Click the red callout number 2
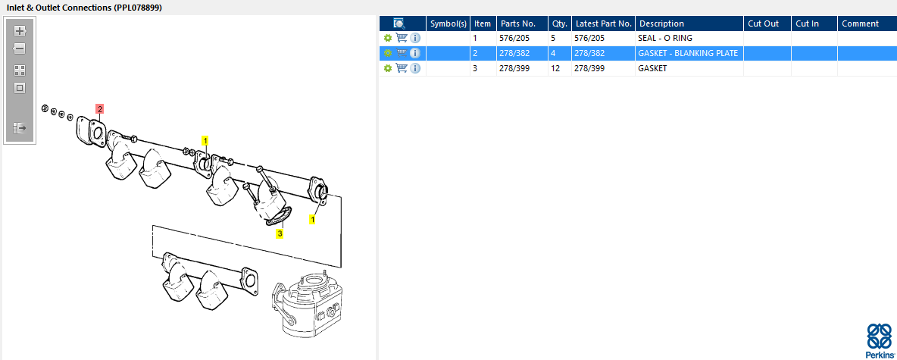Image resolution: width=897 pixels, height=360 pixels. pyautogui.click(x=99, y=108)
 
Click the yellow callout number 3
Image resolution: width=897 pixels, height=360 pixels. pyautogui.click(x=280, y=233)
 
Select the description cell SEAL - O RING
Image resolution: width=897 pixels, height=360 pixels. pyautogui.click(x=664, y=39)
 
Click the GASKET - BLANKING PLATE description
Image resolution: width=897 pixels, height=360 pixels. pyautogui.click(x=688, y=53)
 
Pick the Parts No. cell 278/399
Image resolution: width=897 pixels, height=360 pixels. pyautogui.click(x=514, y=68)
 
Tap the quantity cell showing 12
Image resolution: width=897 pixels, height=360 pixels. pyautogui.click(x=556, y=68)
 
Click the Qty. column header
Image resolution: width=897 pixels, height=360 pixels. pyautogui.click(x=559, y=23)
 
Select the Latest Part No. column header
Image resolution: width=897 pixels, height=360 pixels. pyautogui.click(x=604, y=23)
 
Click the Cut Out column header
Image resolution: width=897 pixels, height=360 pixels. pyautogui.click(x=764, y=23)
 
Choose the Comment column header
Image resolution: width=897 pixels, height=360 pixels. pyautogui.click(x=860, y=23)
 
